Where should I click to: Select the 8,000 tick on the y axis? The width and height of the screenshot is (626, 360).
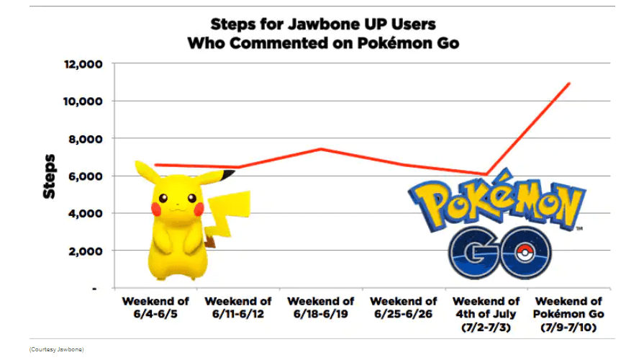click(x=86, y=139)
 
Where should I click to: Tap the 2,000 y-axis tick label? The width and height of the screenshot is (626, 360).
click(x=86, y=251)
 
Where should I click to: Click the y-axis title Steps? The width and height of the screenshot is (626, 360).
click(x=49, y=176)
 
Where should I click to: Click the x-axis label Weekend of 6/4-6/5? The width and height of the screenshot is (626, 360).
click(x=155, y=307)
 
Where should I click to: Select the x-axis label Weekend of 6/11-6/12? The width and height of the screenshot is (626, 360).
click(x=238, y=307)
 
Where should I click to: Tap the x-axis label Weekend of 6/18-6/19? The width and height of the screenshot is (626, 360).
click(x=320, y=307)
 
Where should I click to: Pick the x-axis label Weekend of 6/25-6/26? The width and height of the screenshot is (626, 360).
click(x=403, y=307)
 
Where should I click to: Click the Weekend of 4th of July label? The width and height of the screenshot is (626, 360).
click(x=486, y=314)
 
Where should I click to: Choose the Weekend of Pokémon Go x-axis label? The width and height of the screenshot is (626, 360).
click(x=568, y=314)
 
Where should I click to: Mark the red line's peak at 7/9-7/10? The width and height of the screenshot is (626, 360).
click(x=569, y=84)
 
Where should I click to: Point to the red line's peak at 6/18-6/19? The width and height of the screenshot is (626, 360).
click(x=321, y=149)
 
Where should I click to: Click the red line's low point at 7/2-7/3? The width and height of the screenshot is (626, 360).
click(x=487, y=174)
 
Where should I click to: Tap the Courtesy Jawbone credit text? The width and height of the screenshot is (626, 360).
click(x=56, y=349)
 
